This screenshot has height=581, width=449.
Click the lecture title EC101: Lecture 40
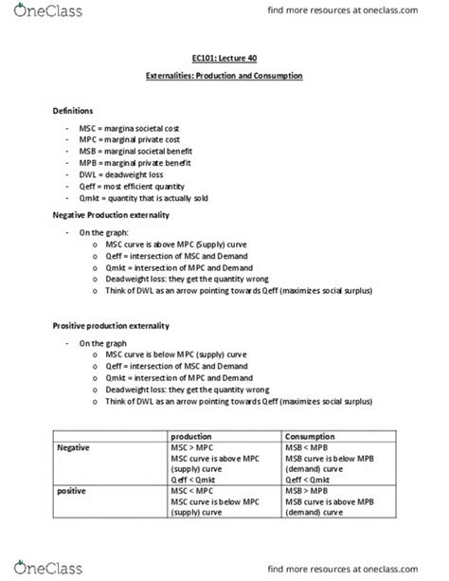click(x=224, y=58)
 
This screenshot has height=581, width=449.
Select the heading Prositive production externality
click(x=110, y=325)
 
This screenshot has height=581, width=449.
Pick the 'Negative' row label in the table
click(x=76, y=447)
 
